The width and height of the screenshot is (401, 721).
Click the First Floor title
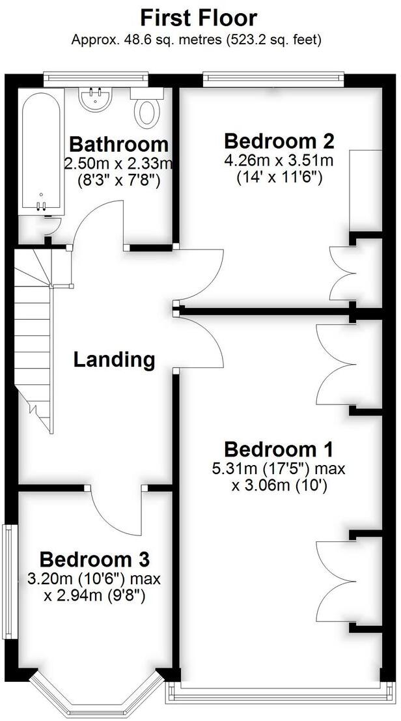(x=199, y=17)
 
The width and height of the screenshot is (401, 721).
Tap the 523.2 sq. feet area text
(x=273, y=40)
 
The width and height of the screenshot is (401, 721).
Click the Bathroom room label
(x=118, y=144)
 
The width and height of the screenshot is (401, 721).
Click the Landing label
(x=114, y=360)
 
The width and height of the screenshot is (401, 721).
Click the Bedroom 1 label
(x=279, y=449)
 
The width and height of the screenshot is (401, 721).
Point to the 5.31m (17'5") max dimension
(x=279, y=469)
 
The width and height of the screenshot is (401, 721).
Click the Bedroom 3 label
(x=94, y=559)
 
